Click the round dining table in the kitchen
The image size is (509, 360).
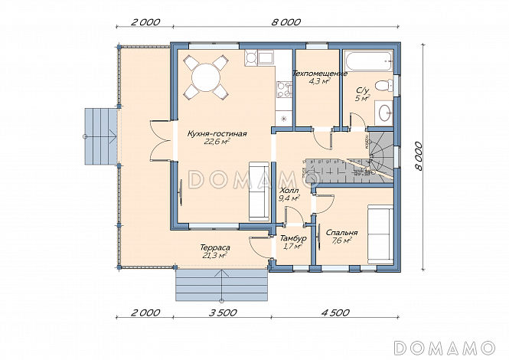(205, 77)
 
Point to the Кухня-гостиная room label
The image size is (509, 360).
(217, 133)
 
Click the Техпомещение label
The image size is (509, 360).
(320, 74)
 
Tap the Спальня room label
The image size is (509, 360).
(342, 233)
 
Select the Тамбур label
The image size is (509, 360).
(293, 238)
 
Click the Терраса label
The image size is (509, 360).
(215, 247)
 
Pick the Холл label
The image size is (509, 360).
(289, 191)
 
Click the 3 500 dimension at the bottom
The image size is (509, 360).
(223, 313)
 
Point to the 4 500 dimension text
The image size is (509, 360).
(335, 313)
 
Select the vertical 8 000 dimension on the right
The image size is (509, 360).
(419, 156)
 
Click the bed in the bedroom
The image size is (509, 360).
(380, 234)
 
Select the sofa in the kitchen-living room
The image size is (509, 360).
(259, 191)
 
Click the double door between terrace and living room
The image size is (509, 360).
(161, 140)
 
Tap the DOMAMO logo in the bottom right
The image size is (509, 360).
(445, 347)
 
